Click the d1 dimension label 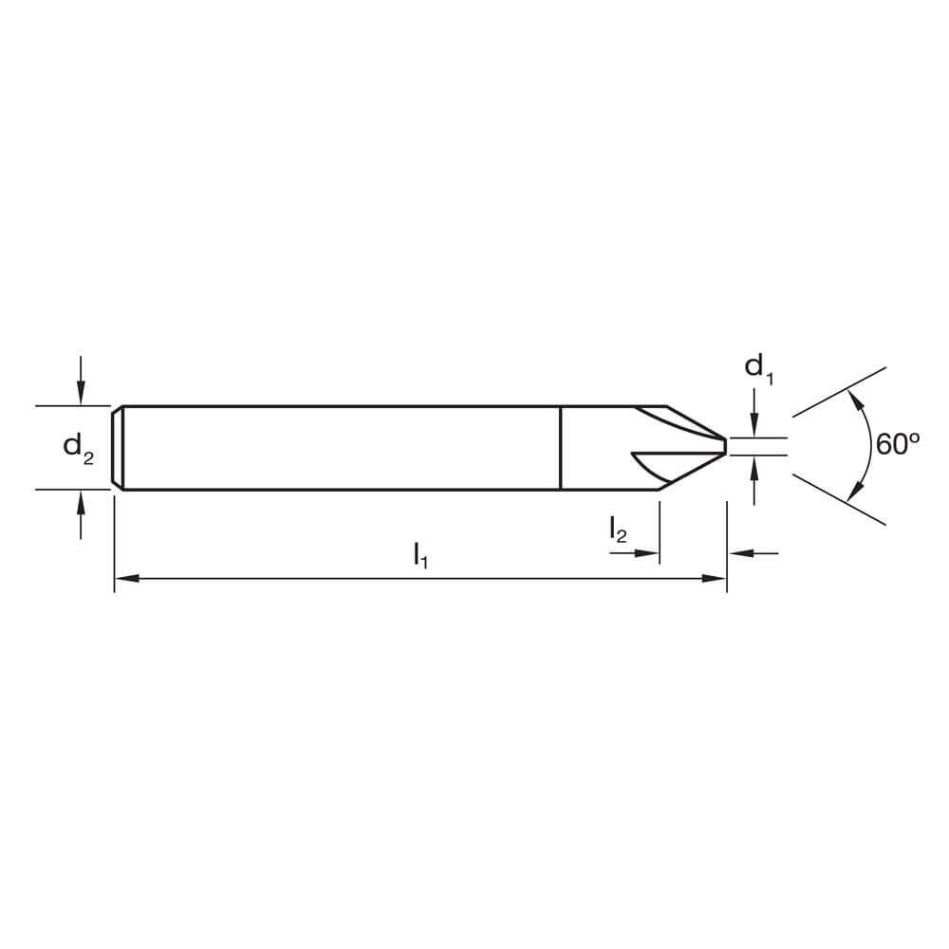[758, 368]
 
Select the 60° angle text [898, 444]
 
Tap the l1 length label [420, 554]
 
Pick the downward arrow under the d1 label [754, 426]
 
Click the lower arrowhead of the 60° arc [856, 490]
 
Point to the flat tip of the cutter [726, 446]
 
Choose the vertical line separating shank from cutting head [561, 448]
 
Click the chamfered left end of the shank [117, 448]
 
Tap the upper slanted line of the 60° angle [839, 390]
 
